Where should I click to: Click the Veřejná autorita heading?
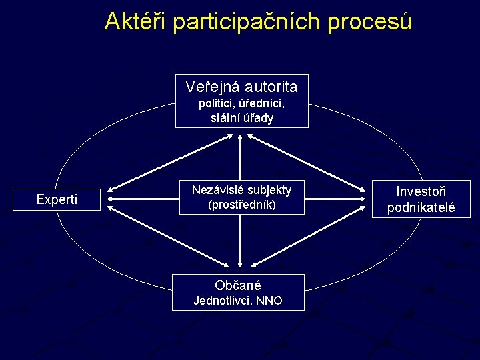coord(241,87)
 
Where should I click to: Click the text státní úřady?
coord(241,118)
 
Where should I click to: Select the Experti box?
coord(57,199)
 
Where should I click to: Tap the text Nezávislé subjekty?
coord(241,189)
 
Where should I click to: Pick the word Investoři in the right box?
coord(421,192)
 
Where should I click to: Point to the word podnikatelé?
coord(421,207)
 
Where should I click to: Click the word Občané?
coord(238,285)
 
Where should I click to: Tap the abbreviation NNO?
coord(268,301)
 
